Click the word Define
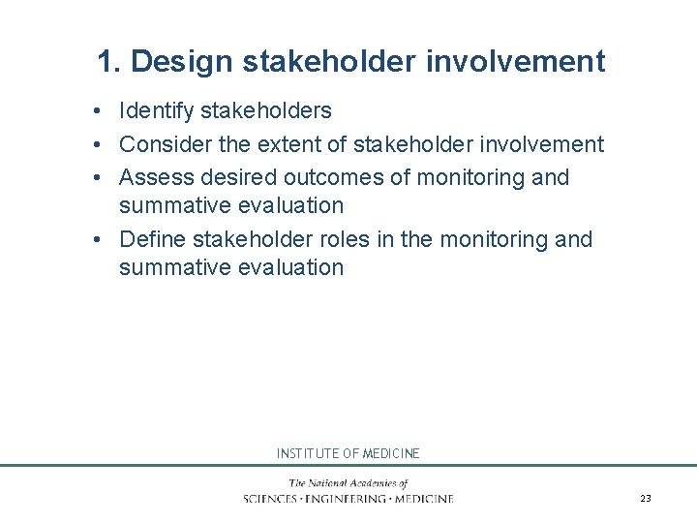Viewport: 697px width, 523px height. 152,239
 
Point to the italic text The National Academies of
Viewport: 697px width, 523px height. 348,483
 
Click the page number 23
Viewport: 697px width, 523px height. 646,498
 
